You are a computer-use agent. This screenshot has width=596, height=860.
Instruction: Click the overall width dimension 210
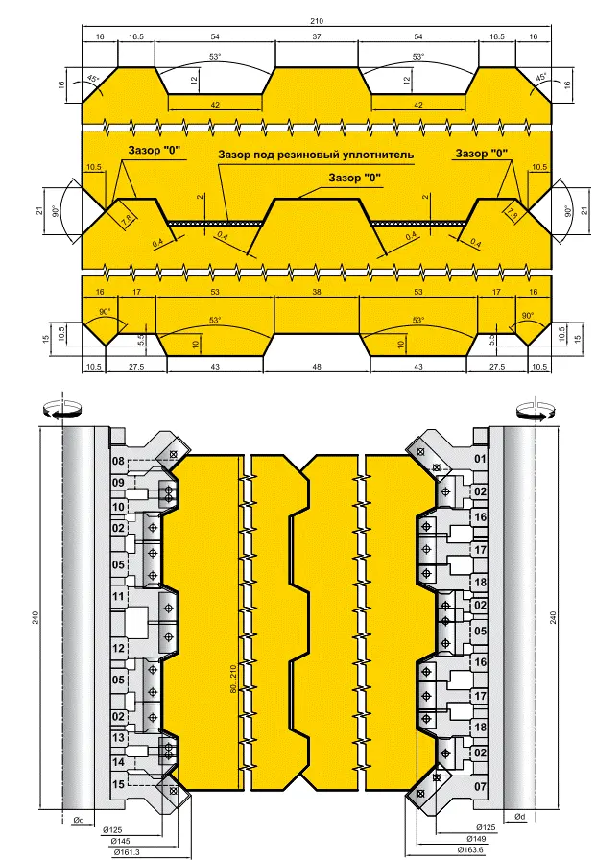point(317,21)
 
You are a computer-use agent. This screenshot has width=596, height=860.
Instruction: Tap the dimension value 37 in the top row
point(317,36)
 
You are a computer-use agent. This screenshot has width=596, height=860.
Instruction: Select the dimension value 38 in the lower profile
point(317,292)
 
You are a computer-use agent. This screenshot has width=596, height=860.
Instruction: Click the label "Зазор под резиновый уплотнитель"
point(316,155)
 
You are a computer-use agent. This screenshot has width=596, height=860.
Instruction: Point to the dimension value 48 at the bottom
point(317,367)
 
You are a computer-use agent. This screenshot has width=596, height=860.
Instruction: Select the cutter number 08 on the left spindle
point(118,461)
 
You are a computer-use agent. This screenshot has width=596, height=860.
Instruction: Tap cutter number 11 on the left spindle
point(118,596)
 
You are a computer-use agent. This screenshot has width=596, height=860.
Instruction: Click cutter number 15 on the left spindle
point(118,784)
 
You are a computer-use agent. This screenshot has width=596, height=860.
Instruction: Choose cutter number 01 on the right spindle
point(480,459)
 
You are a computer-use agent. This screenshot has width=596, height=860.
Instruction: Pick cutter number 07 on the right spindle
point(480,786)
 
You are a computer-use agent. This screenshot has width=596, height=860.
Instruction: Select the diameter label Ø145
point(121,841)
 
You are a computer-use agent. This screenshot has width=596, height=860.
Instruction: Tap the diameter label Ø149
point(476,839)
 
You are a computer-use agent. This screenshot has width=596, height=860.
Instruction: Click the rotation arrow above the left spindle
point(62,409)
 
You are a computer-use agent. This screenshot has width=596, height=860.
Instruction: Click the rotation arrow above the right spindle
point(536,410)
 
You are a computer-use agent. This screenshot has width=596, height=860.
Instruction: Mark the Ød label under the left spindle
point(79,820)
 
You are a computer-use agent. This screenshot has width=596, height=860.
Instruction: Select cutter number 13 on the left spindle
point(118,738)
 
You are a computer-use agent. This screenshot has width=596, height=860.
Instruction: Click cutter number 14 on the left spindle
point(118,762)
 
